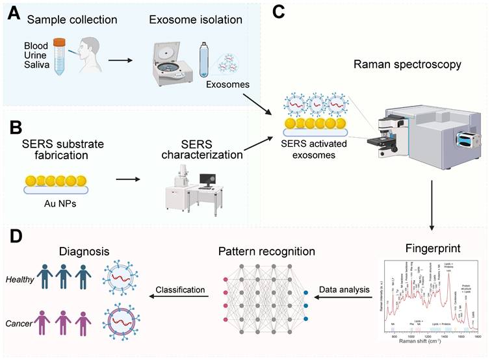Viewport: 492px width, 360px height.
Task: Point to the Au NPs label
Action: (x=57, y=202)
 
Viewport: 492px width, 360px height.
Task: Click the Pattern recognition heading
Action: (x=266, y=250)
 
